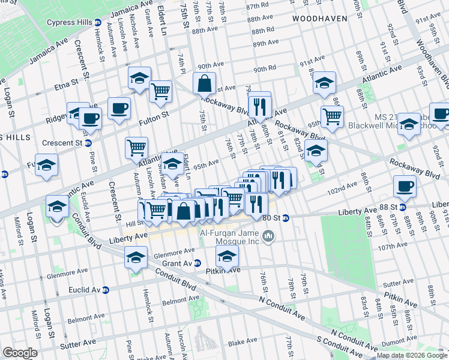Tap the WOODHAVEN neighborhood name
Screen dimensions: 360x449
[x=320, y=19]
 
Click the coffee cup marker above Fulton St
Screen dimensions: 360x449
[x=119, y=108]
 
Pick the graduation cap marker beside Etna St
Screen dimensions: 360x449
[x=139, y=78]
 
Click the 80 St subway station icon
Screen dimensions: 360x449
[x=286, y=218]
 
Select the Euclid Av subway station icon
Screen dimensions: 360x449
[x=106, y=290]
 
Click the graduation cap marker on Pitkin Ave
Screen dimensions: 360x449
[x=227, y=257]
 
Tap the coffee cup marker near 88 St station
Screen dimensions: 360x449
[x=405, y=186]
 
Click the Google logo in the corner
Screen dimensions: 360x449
[x=19, y=353]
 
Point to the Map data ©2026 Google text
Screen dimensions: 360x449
[x=412, y=355]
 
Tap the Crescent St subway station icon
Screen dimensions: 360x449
[x=88, y=143]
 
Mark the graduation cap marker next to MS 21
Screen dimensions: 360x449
[x=409, y=124]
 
